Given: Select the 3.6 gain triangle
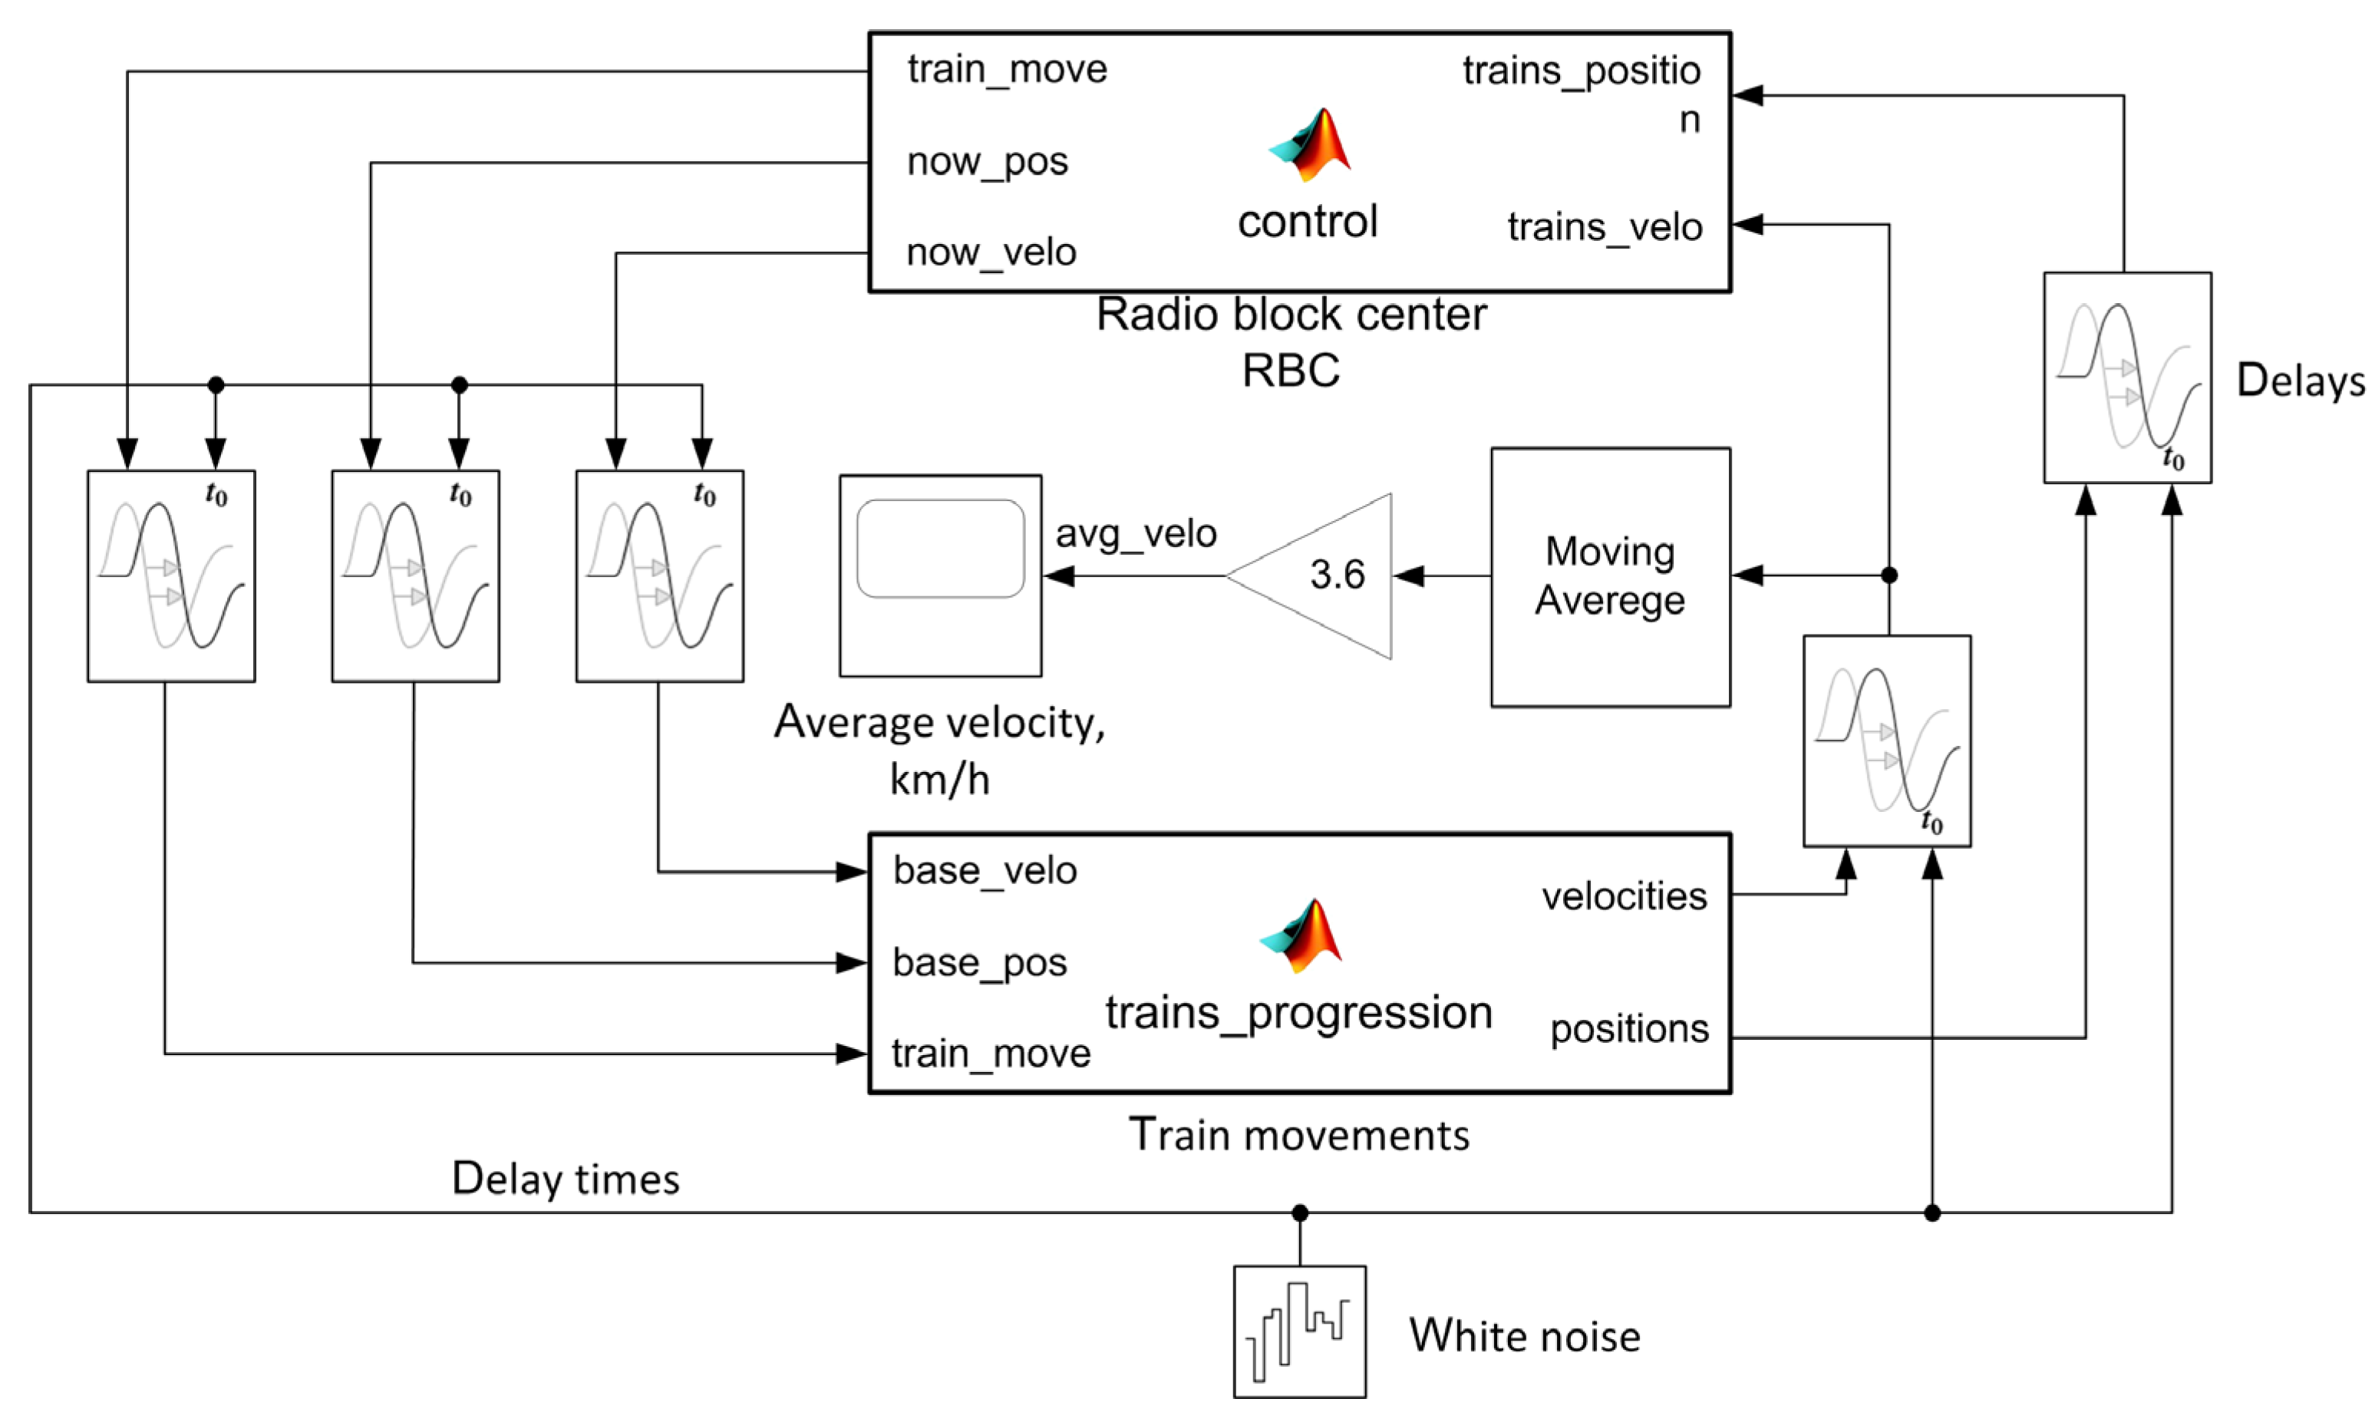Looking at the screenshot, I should click(1322, 575).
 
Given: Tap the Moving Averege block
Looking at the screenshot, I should click(1609, 576).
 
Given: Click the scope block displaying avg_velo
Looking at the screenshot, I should click(940, 576).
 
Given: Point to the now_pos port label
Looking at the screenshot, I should click(986, 162).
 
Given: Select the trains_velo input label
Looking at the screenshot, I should click(1604, 227).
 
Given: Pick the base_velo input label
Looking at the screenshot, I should click(985, 871).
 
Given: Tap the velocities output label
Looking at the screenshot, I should click(1624, 896).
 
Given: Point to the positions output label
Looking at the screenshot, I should click(1628, 1028).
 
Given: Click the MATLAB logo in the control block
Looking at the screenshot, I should click(1310, 144).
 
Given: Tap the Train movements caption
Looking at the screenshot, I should click(1298, 1135).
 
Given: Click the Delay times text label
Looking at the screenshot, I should click(565, 1179).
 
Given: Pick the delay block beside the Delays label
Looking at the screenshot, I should click(2126, 378).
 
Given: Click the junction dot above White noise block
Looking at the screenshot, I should click(1299, 1212).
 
